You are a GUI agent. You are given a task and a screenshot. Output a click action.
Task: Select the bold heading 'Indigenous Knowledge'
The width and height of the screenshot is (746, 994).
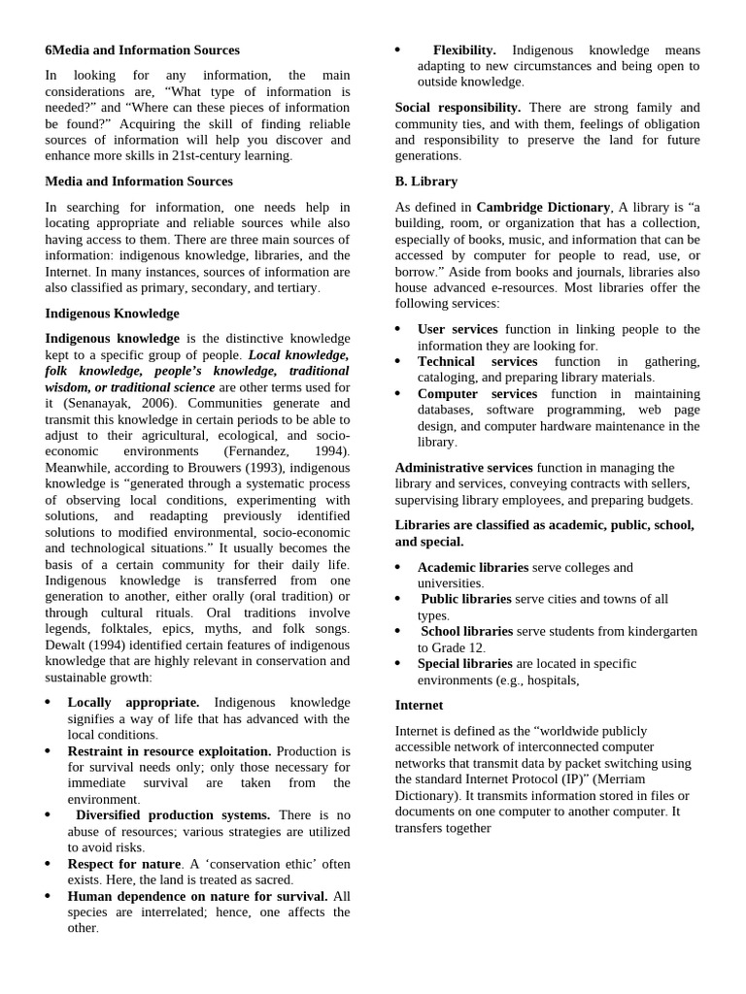click(x=113, y=314)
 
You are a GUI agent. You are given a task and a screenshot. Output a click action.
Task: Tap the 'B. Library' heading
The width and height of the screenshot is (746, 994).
click(x=426, y=182)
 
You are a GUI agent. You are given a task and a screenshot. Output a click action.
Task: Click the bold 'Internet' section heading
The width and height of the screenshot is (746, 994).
click(x=419, y=705)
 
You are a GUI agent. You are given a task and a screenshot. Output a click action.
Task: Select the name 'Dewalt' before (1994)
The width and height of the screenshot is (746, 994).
click(x=67, y=646)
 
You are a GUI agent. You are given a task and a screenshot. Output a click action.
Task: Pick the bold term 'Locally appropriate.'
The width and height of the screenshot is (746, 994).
click(x=133, y=702)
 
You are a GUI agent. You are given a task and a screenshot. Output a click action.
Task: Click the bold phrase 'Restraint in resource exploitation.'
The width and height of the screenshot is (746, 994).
click(x=169, y=751)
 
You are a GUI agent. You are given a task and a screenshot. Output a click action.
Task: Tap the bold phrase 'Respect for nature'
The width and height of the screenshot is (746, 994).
click(x=124, y=864)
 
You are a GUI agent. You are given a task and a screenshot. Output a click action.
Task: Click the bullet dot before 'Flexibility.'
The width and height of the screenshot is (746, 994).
click(x=399, y=49)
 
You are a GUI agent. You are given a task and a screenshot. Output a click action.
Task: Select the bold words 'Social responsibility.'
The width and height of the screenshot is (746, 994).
click(x=458, y=108)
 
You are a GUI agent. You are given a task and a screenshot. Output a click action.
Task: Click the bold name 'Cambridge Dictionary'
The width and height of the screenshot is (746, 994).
click(x=543, y=207)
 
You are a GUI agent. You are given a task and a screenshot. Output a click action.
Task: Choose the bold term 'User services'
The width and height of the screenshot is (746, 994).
click(x=458, y=330)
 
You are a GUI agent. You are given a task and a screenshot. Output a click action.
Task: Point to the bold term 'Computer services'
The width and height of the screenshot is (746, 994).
click(x=477, y=394)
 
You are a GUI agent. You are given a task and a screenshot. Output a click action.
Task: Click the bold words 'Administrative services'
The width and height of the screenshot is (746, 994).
click(x=464, y=468)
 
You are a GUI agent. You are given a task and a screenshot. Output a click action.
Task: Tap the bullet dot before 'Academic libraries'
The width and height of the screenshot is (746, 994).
click(x=399, y=567)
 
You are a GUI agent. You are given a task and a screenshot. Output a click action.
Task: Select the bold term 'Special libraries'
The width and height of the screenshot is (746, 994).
click(x=464, y=664)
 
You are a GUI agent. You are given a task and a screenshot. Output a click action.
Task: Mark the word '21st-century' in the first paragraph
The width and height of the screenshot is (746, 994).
click(x=215, y=156)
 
